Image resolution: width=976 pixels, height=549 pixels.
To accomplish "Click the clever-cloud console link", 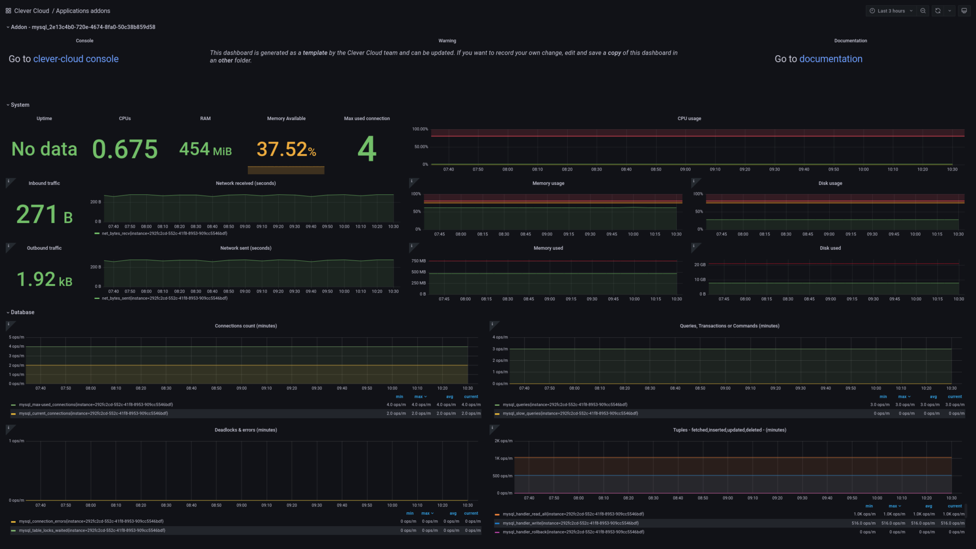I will (75, 59).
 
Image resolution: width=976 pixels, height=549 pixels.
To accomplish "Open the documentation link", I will (830, 59).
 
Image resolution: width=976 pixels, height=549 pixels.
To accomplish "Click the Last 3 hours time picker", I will (890, 11).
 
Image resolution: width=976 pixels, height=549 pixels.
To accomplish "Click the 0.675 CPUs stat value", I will (125, 149).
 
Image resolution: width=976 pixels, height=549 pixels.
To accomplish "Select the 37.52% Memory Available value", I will (286, 150).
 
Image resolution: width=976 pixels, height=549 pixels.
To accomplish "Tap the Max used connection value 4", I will (367, 149).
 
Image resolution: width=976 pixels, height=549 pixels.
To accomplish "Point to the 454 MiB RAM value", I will (205, 149).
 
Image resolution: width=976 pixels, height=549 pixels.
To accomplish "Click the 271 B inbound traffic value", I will (44, 214).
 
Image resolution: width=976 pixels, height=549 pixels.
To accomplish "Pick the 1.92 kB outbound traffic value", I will (44, 279).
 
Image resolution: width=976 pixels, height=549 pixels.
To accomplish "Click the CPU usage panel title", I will (689, 119).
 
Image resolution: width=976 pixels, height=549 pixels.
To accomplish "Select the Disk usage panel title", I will (830, 183).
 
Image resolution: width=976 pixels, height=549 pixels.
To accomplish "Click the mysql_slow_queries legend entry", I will (570, 414).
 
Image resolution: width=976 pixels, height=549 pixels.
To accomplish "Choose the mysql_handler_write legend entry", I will (570, 523).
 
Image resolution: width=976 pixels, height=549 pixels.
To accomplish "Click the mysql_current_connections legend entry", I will (93, 414).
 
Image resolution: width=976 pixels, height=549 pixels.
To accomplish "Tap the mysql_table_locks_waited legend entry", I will (92, 530).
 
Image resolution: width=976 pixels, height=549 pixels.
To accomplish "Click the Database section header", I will (22, 313).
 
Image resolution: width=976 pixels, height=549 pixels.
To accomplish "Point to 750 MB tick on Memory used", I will (418, 261).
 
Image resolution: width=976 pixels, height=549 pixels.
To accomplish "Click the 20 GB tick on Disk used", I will (700, 265).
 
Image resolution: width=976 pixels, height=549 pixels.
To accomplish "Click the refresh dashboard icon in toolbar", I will (937, 11).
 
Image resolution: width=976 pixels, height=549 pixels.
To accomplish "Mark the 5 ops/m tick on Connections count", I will (16, 337).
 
